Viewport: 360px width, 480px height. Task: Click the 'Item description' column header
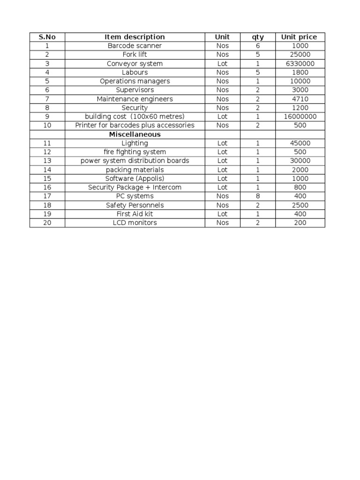pyautogui.click(x=135, y=37)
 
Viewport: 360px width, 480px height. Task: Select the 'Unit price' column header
pyautogui.click(x=299, y=37)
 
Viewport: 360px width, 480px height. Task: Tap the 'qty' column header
pyautogui.click(x=258, y=37)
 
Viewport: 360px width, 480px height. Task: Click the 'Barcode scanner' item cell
pyautogui.click(x=135, y=46)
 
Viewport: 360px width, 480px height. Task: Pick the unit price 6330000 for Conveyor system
pyautogui.click(x=299, y=64)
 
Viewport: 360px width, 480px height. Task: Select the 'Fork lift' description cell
pyautogui.click(x=135, y=55)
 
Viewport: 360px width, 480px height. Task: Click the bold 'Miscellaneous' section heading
pyautogui.click(x=135, y=135)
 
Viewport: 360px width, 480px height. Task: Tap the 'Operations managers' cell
pyautogui.click(x=135, y=81)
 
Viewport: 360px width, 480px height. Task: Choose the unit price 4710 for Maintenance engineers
pyautogui.click(x=299, y=99)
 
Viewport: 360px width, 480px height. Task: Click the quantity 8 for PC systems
pyautogui.click(x=258, y=196)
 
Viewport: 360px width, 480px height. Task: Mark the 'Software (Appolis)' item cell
pyautogui.click(x=135, y=179)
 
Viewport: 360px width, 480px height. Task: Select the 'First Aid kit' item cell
pyautogui.click(x=135, y=214)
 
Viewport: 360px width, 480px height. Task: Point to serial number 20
pyautogui.click(x=47, y=223)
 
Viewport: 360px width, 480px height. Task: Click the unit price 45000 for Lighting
pyautogui.click(x=299, y=143)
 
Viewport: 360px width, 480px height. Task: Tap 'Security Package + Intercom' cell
pyautogui.click(x=135, y=187)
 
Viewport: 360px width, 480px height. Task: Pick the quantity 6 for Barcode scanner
pyautogui.click(x=258, y=46)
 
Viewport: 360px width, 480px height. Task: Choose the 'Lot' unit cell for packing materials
pyautogui.click(x=223, y=170)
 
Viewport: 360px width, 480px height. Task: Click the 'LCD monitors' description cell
pyautogui.click(x=135, y=223)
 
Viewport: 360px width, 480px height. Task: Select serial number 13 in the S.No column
pyautogui.click(x=47, y=161)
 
